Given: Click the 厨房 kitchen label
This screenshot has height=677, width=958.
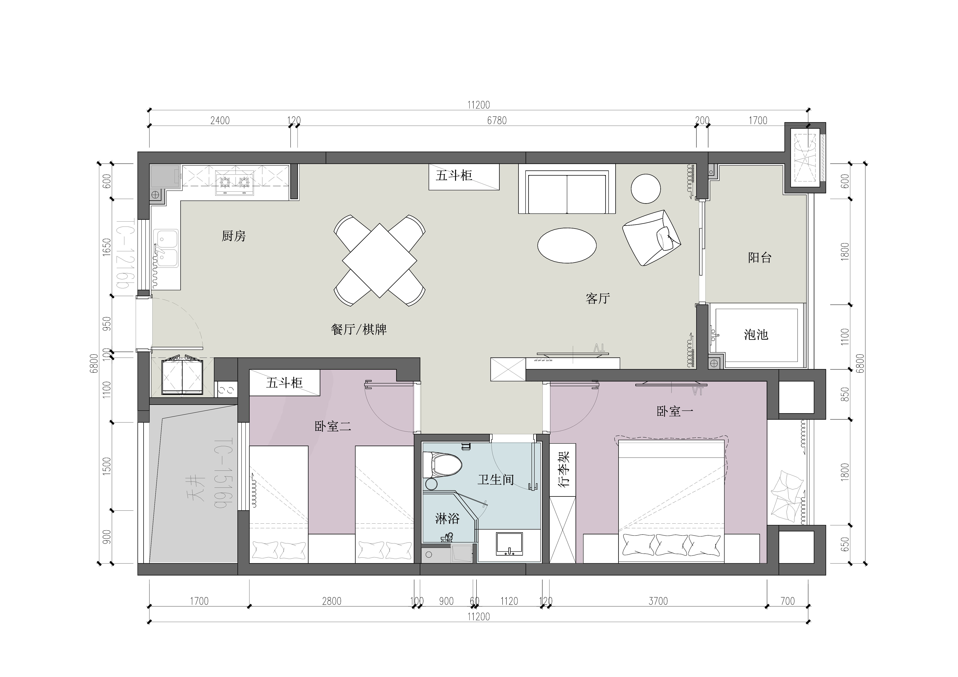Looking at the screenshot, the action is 234,236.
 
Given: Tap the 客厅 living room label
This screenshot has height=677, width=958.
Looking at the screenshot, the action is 598,298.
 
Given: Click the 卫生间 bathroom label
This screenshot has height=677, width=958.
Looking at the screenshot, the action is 496,480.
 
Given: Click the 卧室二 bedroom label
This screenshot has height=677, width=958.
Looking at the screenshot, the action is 332,426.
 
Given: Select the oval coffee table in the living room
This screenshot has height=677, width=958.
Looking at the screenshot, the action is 567,245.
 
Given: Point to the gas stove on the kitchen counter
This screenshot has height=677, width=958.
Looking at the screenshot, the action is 235,183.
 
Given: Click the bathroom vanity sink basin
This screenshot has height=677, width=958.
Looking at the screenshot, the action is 509,544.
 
